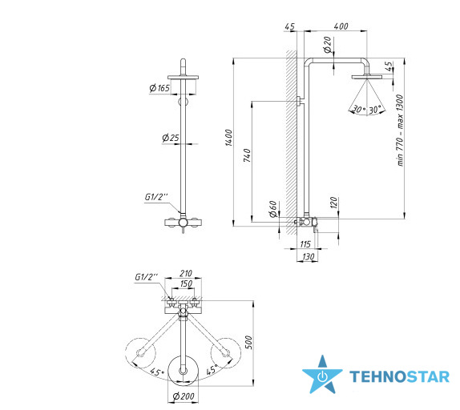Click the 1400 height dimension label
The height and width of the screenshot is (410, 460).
228,138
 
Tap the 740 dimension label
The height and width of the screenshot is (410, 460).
247,155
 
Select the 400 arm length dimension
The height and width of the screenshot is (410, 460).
341,26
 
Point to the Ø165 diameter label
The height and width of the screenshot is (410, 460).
159,88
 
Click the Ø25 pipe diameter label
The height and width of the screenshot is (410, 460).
171,138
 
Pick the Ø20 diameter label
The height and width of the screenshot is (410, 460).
328,45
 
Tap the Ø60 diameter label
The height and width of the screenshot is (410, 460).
273,209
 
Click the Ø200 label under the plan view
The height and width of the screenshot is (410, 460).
184,396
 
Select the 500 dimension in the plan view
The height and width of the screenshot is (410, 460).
248,342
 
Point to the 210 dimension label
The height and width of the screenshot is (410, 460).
186,273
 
